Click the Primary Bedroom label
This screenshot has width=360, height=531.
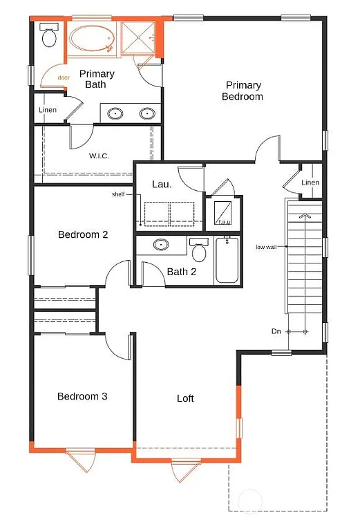pyautogui.click(x=242, y=91)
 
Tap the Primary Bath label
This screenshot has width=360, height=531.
pyautogui.click(x=96, y=79)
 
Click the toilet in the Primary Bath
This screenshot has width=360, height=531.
pyautogui.click(x=49, y=36)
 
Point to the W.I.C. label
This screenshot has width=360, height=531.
pyautogui.click(x=99, y=156)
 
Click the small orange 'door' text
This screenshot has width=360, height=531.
pyautogui.click(x=64, y=77)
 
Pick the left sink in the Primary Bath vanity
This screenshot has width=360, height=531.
pyautogui.click(x=114, y=113)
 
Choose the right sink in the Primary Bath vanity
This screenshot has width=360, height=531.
pyautogui.click(x=147, y=113)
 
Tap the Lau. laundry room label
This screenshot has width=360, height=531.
pyautogui.click(x=162, y=184)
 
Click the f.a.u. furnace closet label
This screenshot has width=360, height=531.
pyautogui.click(x=224, y=222)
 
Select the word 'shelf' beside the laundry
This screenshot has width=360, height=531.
pyautogui.click(x=118, y=194)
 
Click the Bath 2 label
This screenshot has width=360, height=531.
pyautogui.click(x=182, y=272)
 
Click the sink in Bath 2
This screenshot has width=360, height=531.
pyautogui.click(x=162, y=245)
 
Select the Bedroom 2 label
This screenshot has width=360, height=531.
pyautogui.click(x=82, y=234)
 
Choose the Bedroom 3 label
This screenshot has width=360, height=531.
pyautogui.click(x=82, y=396)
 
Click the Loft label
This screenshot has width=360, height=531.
pyautogui.click(x=185, y=398)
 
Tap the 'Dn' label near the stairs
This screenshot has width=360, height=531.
pyautogui.click(x=276, y=332)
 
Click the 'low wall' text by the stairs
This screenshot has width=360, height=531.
pyautogui.click(x=266, y=247)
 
